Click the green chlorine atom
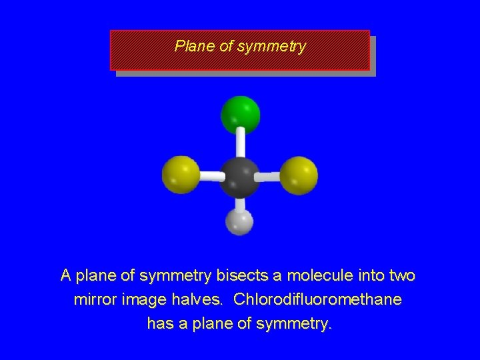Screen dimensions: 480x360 pos(240,113)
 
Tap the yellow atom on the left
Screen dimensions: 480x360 pos(181,175)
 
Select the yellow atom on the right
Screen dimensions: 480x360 pos(299,175)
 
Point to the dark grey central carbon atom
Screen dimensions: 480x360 pos(239,177)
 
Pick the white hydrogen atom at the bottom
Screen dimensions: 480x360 pos(240,222)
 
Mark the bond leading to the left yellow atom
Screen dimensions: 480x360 pos(210,177)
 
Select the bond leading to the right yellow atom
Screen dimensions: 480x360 pos(269,177)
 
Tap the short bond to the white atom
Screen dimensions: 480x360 pos(240,203)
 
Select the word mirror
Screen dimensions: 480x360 pos(94,299)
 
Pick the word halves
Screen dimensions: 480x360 pos(195,299)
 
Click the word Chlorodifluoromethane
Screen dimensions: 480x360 pos(317,299)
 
